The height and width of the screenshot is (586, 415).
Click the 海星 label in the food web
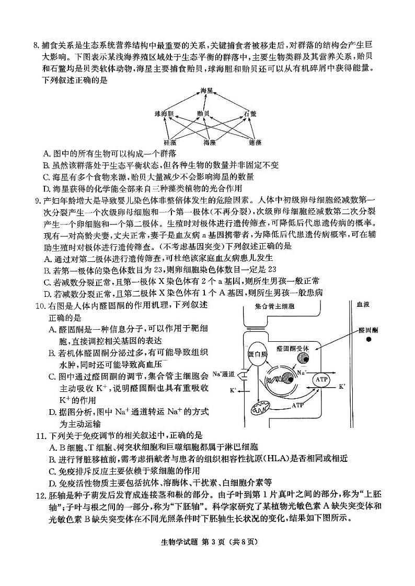pyautogui.click(x=207, y=91)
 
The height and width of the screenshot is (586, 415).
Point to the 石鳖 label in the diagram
pyautogui.click(x=250, y=113)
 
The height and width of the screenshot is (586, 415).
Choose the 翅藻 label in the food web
pyautogui.click(x=255, y=142)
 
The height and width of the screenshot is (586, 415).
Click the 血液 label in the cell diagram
pyautogui.click(x=363, y=304)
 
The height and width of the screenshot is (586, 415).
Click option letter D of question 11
pyautogui.click(x=48, y=482)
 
